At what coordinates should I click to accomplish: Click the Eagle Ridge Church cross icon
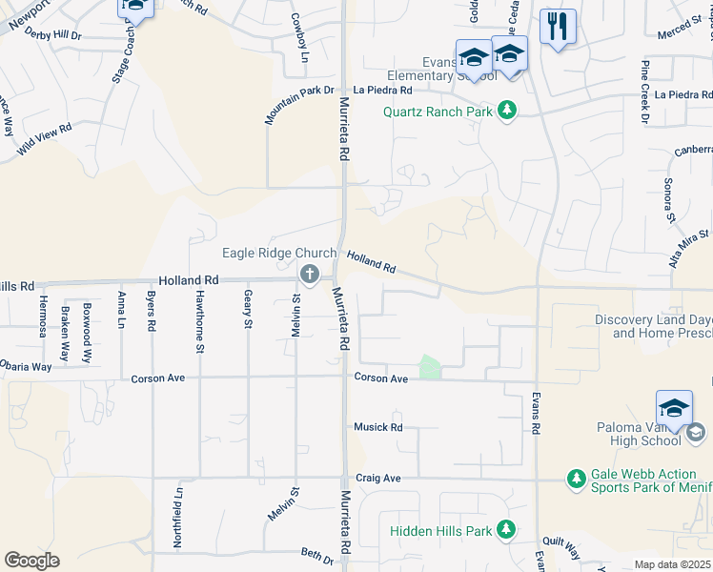309,276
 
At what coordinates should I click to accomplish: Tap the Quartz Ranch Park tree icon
508,112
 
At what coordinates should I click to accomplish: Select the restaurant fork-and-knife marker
558,26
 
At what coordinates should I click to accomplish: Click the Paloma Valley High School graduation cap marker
674,407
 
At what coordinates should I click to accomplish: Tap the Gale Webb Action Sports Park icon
576,478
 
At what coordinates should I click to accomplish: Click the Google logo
31,561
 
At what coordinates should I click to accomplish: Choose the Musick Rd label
378,427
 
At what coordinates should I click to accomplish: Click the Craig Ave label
377,478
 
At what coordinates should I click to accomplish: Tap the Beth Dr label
317,553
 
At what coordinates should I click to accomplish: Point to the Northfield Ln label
178,517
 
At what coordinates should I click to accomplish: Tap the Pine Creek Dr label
644,92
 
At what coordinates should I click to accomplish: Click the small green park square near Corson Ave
430,367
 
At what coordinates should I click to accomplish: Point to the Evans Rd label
535,414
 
